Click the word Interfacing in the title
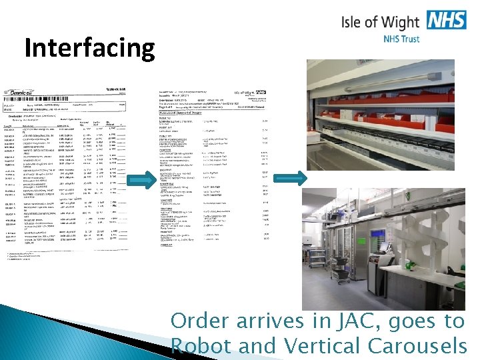[89, 48]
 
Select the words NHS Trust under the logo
[401, 39]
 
